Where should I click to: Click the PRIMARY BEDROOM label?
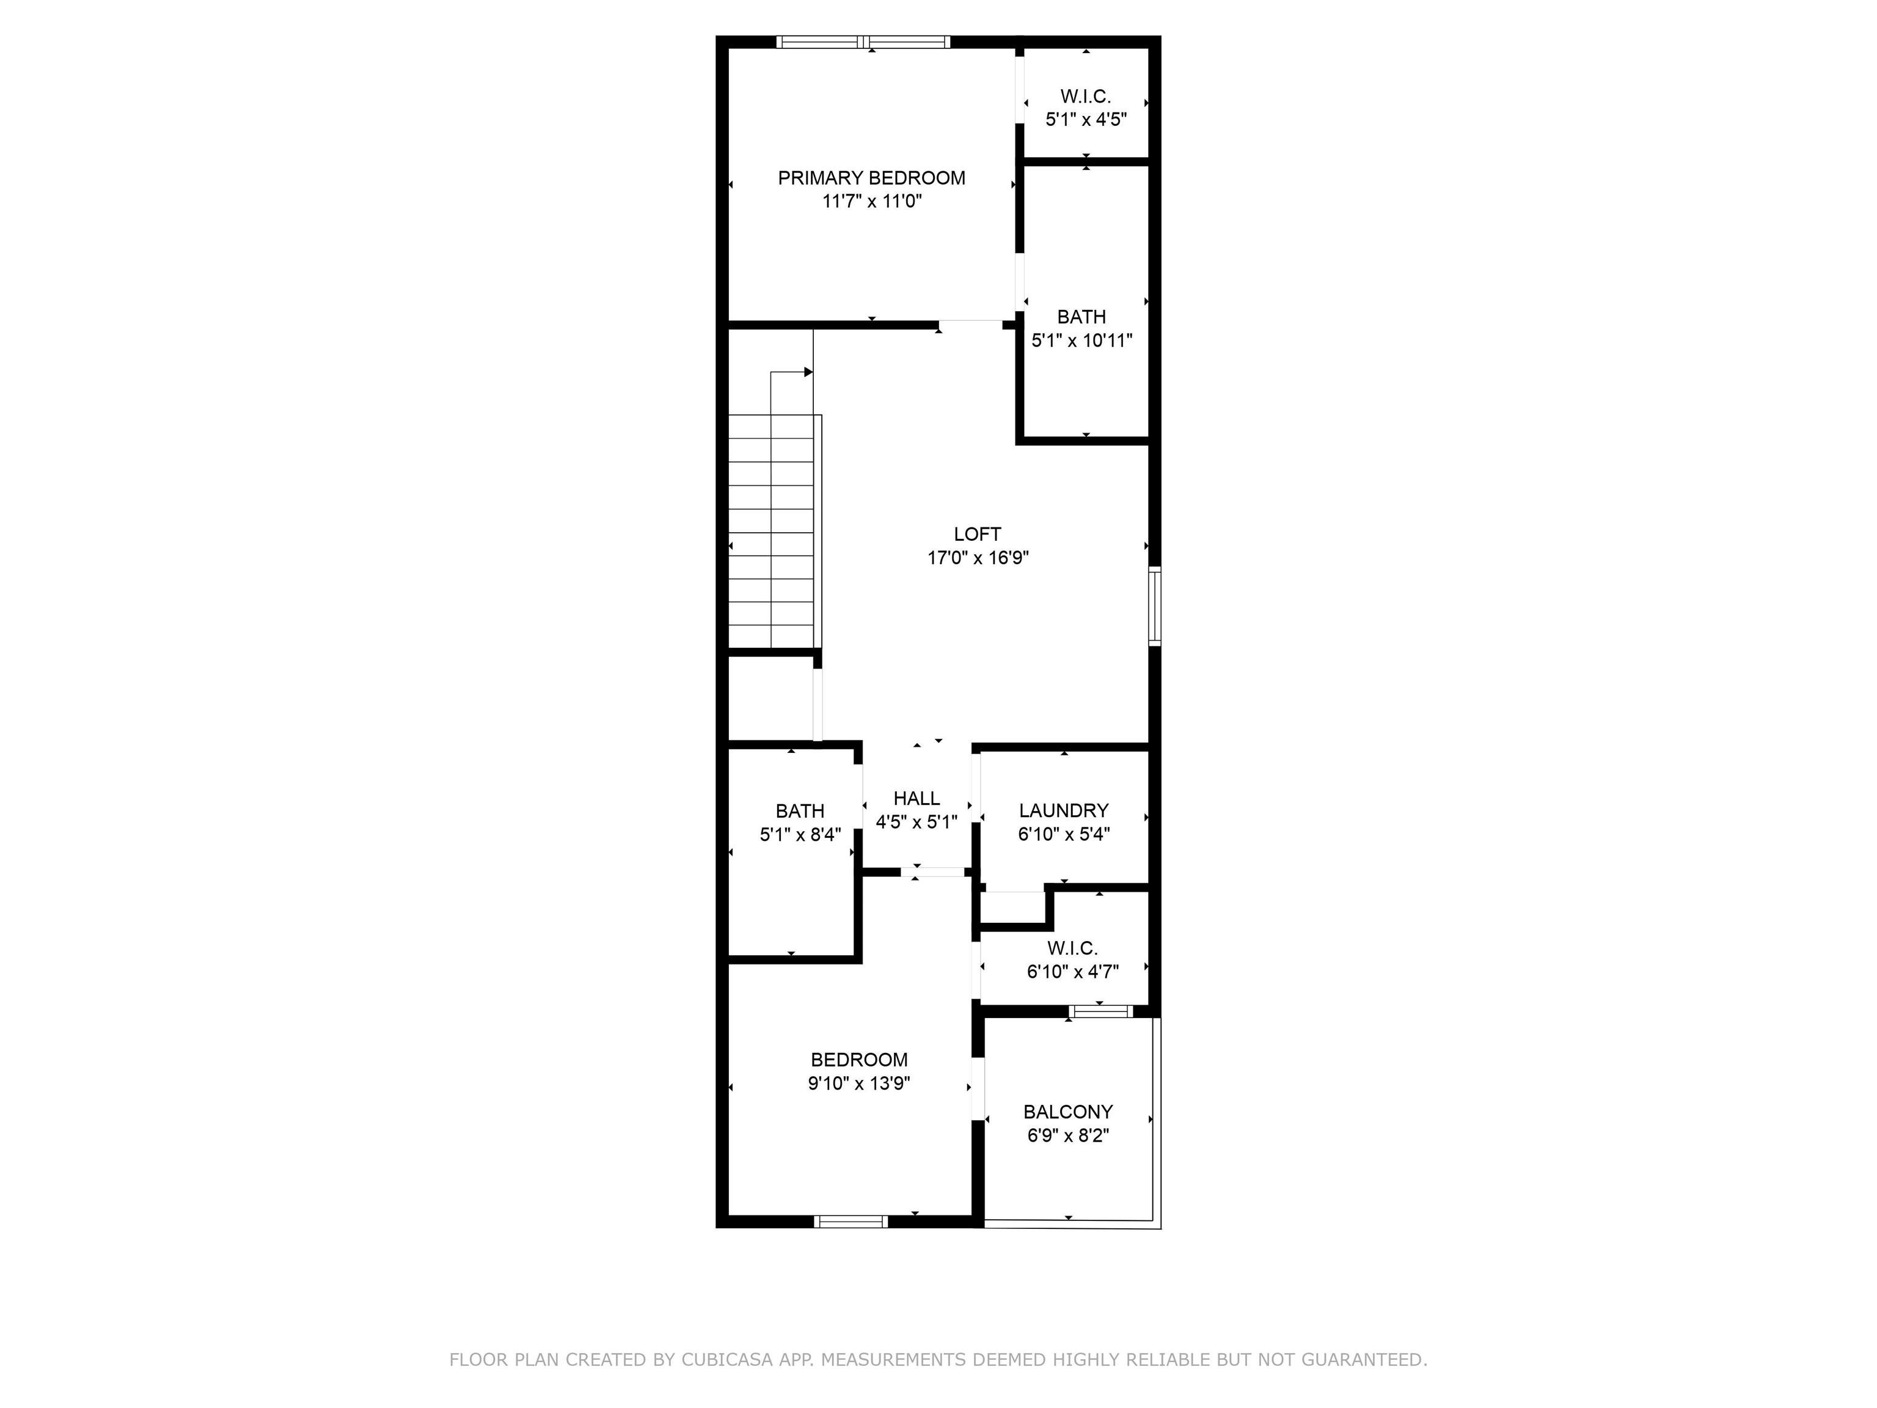pyautogui.click(x=871, y=178)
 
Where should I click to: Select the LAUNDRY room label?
pyautogui.click(x=1063, y=810)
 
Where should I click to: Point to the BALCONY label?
pyautogui.click(x=1067, y=1112)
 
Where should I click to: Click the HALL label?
pyautogui.click(x=917, y=799)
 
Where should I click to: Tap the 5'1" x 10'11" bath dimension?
pyautogui.click(x=1082, y=341)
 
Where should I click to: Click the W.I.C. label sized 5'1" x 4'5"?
pyautogui.click(x=1085, y=97)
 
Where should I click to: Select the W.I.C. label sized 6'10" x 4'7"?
pyautogui.click(x=1072, y=948)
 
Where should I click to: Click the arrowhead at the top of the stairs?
pyautogui.click(x=808, y=372)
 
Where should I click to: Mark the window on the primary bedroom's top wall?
pyautogui.click(x=863, y=42)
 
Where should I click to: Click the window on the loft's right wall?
pyautogui.click(x=1154, y=606)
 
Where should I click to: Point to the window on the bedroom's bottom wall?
pyautogui.click(x=851, y=1221)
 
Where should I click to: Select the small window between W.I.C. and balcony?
pyautogui.click(x=1100, y=1011)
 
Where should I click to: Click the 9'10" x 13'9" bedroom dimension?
pyautogui.click(x=858, y=1083)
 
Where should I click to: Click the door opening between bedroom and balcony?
pyautogui.click(x=978, y=1089)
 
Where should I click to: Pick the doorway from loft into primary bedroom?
pyautogui.click(x=970, y=323)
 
